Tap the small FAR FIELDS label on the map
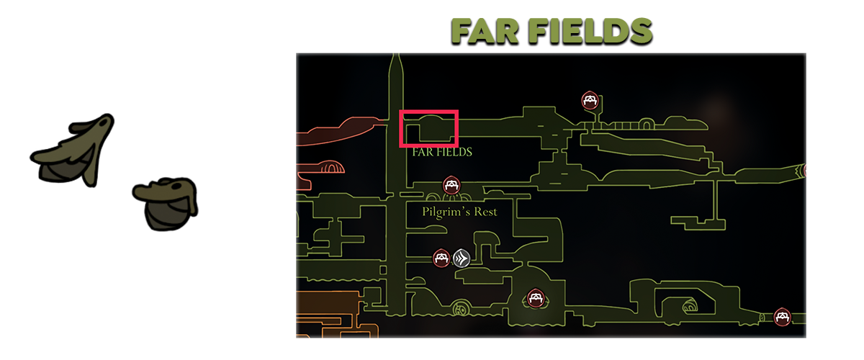click(442, 152)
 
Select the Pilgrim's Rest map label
click(459, 212)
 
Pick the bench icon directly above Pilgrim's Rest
click(451, 185)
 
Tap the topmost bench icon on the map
click(590, 100)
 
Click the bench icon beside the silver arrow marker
click(441, 257)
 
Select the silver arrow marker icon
click(462, 257)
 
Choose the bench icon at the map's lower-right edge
click(782, 316)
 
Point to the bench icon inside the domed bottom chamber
click(535, 297)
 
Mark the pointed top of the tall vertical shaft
click(395, 58)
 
